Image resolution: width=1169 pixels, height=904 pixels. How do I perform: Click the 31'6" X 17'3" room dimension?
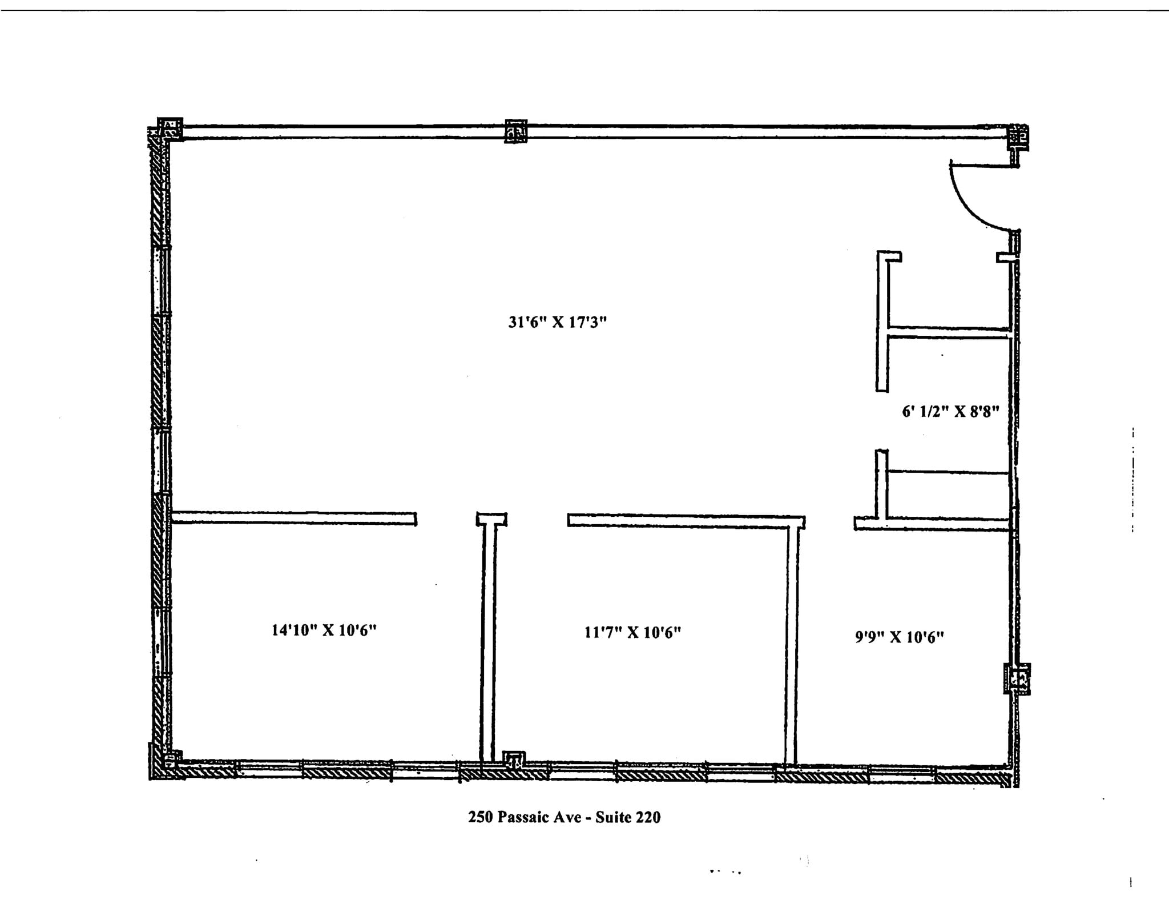point(557,323)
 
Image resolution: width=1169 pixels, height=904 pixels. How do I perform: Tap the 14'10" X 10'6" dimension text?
point(324,630)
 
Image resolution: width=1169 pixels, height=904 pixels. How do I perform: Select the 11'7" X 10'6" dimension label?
point(632,633)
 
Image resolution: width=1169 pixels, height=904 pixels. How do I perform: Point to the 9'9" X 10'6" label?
point(899,637)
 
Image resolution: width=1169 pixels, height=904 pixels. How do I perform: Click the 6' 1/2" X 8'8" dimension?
point(950,412)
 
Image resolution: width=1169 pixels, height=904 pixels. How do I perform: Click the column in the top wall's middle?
point(515,131)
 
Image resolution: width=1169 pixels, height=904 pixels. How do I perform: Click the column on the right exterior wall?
point(1017,678)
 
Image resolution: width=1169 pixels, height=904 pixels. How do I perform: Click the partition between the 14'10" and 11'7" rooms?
point(488,640)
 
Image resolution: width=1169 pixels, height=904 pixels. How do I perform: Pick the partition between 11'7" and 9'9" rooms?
point(791,645)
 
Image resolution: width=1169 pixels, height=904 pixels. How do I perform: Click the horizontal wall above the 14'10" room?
point(293,518)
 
